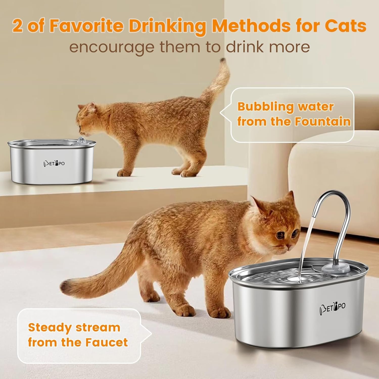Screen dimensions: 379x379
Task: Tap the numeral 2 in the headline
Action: coord(17,26)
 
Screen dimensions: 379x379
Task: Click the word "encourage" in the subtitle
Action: coord(111,47)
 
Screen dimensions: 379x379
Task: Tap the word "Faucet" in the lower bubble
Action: coord(106,342)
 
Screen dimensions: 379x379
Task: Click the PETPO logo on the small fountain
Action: coord(54,163)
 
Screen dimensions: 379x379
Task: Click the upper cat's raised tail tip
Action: coord(223,61)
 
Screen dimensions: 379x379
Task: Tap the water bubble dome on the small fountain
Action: coord(81,139)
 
